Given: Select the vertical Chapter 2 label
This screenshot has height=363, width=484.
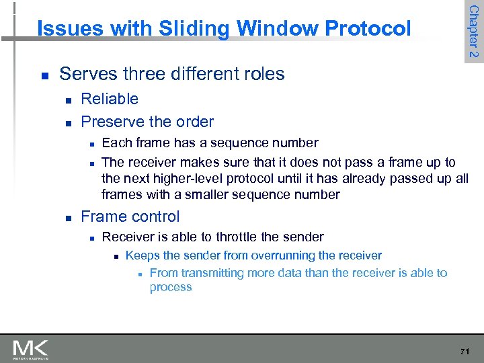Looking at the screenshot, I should click(473, 32).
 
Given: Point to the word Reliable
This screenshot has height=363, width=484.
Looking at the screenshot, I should click(110, 99).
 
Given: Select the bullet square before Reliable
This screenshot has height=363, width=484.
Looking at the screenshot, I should click(68, 100).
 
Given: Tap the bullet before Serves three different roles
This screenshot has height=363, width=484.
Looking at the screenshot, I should click(44, 75).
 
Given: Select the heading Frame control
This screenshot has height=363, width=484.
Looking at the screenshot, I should click(130, 216).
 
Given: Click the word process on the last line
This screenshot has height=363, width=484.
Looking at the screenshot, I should click(171, 287).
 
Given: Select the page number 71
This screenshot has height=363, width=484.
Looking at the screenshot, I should click(465, 351).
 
